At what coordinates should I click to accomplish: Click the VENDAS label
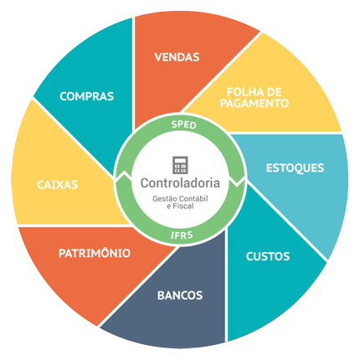pyautogui.click(x=177, y=57)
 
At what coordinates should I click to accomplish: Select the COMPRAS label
pyautogui.click(x=87, y=96)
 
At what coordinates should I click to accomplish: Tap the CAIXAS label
pyautogui.click(x=58, y=185)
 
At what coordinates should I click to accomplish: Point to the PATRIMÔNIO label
pyautogui.click(x=95, y=253)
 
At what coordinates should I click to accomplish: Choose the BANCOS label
pyautogui.click(x=180, y=296)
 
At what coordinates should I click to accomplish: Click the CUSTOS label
pyautogui.click(x=268, y=256)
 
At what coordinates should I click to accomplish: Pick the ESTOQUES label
pyautogui.click(x=295, y=168)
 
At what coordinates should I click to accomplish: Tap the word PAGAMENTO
pyautogui.click(x=255, y=103)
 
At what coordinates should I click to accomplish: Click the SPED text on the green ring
pyautogui.click(x=184, y=125)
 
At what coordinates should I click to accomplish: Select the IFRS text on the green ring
pyautogui.click(x=182, y=235)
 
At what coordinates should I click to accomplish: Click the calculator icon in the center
pyautogui.click(x=180, y=165)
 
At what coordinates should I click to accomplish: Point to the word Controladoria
pyautogui.click(x=180, y=183)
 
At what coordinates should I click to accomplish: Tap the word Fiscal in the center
pyautogui.click(x=183, y=206)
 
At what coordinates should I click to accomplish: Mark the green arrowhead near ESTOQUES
pyautogui.click(x=237, y=182)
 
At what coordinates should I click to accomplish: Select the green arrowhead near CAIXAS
pyautogui.click(x=123, y=175)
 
